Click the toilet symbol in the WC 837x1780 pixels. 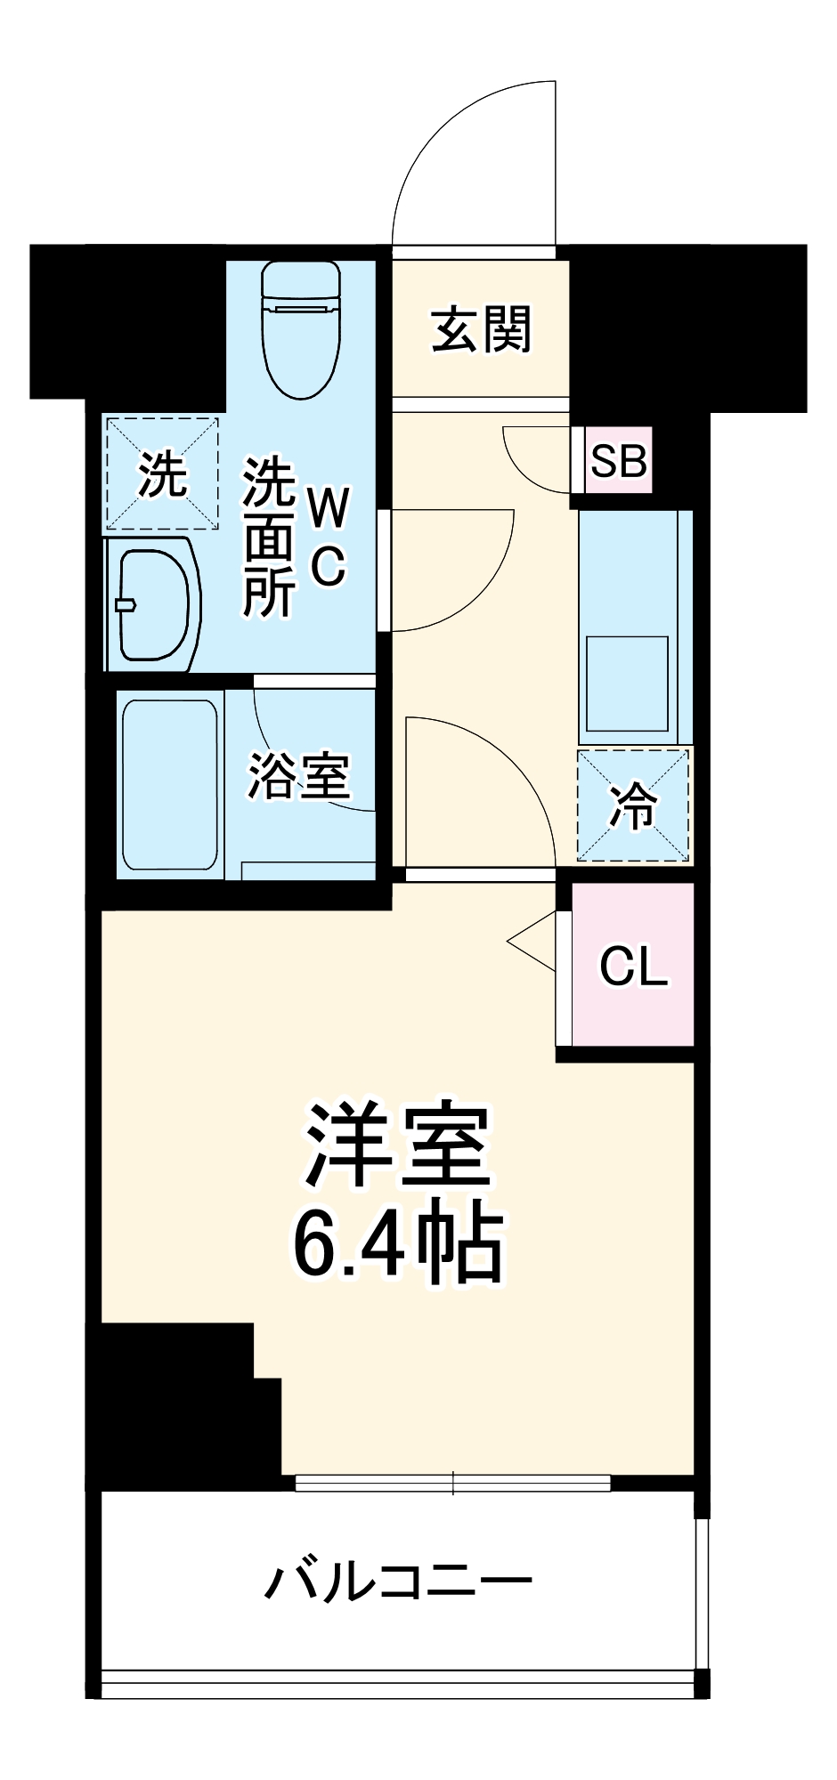[x=302, y=329]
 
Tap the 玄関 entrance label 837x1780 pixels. [x=482, y=330]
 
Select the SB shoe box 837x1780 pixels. [x=619, y=460]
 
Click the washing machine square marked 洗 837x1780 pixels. [x=163, y=473]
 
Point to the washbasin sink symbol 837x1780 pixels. [x=153, y=604]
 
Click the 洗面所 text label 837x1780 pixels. [x=269, y=538]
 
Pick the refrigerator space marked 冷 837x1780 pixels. [x=633, y=806]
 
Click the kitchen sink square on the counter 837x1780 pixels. [x=627, y=683]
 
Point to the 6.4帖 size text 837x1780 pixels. [x=397, y=1241]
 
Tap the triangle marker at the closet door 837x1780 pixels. [x=534, y=940]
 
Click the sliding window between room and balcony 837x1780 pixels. [x=452, y=1483]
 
